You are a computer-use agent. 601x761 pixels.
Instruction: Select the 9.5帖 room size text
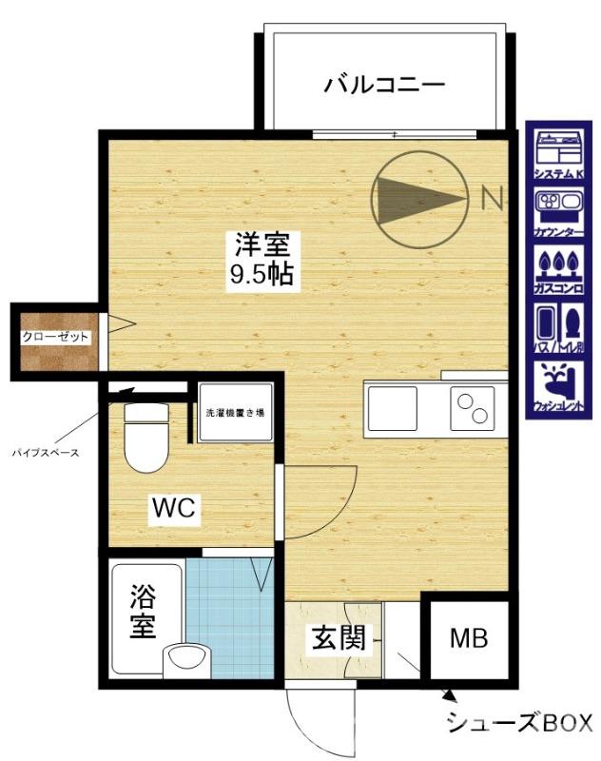coord(263,276)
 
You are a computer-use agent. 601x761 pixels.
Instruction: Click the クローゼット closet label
coord(56,338)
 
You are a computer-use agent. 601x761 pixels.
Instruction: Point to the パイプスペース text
coord(45,452)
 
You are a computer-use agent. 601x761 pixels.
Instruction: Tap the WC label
coord(174,508)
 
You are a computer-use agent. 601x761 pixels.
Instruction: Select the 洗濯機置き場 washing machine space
coord(236,413)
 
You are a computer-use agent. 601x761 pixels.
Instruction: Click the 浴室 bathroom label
coord(143,614)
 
